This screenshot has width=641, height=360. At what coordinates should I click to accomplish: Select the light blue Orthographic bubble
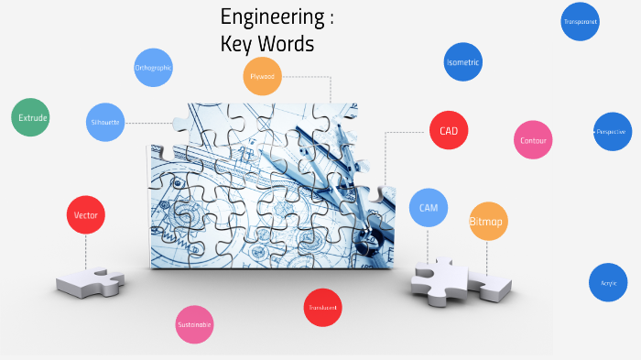(153, 68)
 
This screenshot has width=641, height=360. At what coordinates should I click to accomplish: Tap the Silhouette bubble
(105, 122)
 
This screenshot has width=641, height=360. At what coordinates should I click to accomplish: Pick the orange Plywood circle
(263, 77)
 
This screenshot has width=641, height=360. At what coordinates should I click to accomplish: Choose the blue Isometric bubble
(462, 62)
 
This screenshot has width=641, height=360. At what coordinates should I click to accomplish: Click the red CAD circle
(449, 131)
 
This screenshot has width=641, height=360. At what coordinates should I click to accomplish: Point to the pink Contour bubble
(533, 140)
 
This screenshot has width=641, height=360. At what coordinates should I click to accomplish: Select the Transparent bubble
(580, 21)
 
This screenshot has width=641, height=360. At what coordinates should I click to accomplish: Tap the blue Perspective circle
(612, 132)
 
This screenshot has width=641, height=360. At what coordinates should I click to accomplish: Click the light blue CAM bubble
(429, 208)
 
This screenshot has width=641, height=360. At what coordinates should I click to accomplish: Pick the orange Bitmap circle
(487, 222)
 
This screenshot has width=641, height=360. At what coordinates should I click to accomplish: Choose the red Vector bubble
(86, 215)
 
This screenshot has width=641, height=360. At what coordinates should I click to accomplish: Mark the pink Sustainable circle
(194, 324)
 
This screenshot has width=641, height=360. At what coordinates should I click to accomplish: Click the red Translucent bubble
(322, 308)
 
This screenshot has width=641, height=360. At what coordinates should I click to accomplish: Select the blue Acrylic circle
(608, 283)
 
